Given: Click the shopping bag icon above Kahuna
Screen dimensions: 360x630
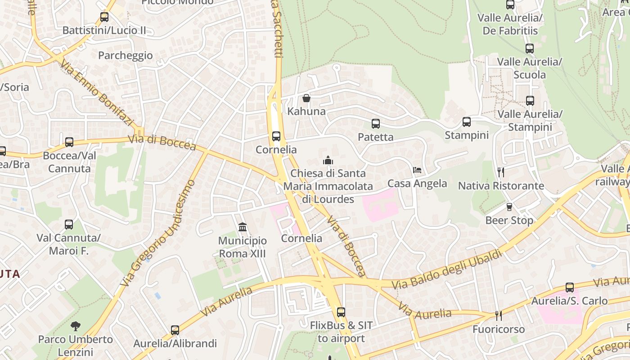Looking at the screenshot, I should pos(306,98).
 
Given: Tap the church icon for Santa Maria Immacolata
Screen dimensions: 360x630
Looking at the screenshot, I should pos(328,160).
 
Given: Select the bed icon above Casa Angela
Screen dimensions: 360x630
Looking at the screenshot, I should pos(417,170).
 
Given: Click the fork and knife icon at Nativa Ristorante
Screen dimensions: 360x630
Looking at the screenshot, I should pos(500,172).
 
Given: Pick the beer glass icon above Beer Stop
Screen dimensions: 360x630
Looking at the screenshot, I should pos(509,207).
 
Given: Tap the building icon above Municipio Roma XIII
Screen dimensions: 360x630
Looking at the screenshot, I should pos(243,227).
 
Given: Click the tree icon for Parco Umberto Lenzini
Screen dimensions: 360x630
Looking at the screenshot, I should pos(76,326).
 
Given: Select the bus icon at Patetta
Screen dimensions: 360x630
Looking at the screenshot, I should pos(376,124).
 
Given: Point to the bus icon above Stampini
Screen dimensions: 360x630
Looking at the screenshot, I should pos(467,122).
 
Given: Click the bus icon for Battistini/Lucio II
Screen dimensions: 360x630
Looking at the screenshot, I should pos(104,18).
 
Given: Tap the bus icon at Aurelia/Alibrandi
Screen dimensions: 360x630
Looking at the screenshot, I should pos(175,330).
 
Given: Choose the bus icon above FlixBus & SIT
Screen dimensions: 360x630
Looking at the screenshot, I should pos(341,312).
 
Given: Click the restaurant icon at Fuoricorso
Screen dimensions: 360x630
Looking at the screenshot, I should pos(499,316).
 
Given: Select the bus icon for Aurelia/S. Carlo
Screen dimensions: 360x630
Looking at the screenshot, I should pos(570,288).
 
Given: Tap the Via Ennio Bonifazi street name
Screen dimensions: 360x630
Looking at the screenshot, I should pos(98,94).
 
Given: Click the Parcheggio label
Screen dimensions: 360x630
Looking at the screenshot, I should pos(126,55).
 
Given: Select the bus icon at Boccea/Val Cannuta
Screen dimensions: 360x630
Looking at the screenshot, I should pos(69,142).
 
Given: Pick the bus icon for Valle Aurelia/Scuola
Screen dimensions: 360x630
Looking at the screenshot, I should pos(530,49).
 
